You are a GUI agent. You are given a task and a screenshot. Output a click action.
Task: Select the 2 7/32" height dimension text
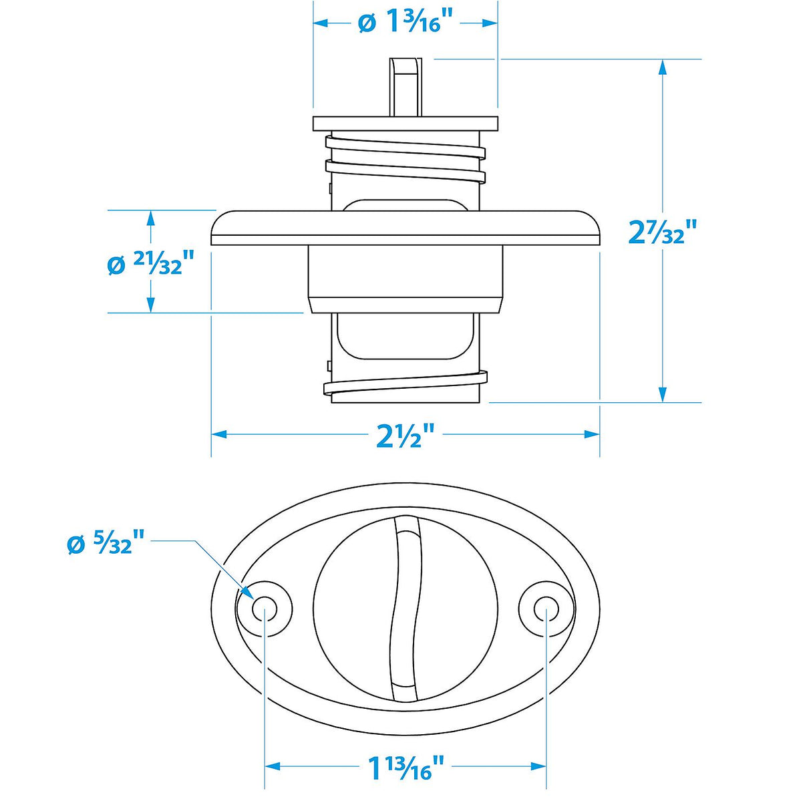pos(662,232)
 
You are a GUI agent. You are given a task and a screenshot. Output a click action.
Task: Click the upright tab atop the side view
pos(405,86)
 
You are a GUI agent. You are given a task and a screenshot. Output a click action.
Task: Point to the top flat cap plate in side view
pos(405,124)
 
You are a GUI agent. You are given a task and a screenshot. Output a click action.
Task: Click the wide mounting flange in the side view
pos(405,228)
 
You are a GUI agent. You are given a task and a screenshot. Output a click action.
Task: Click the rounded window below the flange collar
pos(405,336)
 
